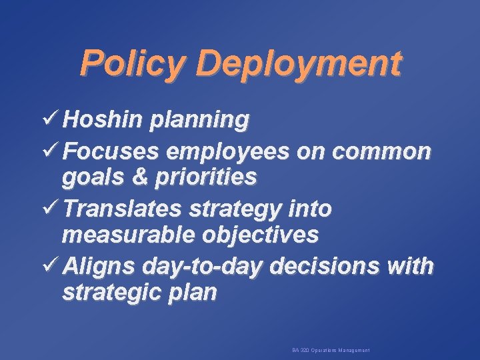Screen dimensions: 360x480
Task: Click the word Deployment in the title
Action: [x=299, y=64]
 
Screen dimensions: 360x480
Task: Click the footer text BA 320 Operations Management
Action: [x=331, y=350]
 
